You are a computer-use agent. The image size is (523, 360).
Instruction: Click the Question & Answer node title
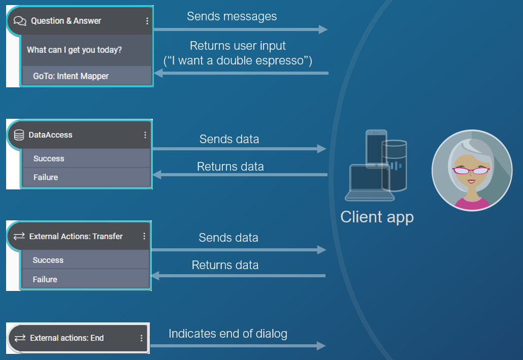tap(66, 21)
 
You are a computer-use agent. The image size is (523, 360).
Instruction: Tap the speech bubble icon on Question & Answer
tap(20, 21)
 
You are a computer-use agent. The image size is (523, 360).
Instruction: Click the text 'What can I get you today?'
tap(74, 50)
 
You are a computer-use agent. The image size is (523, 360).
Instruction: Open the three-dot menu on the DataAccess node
tap(145, 135)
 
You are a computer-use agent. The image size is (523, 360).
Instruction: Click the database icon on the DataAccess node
tap(19, 135)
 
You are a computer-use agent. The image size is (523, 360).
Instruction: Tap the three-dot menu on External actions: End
tap(141, 338)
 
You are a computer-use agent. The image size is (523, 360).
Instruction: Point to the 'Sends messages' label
tap(232, 16)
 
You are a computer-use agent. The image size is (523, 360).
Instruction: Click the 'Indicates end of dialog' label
tap(228, 334)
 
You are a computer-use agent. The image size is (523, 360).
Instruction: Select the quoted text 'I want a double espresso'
tap(238, 61)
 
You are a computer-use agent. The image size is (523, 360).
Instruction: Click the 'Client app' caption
tap(377, 217)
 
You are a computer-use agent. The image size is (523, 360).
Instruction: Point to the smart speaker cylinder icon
tap(394, 166)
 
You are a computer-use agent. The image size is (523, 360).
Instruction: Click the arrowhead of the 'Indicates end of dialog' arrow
tap(321, 346)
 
